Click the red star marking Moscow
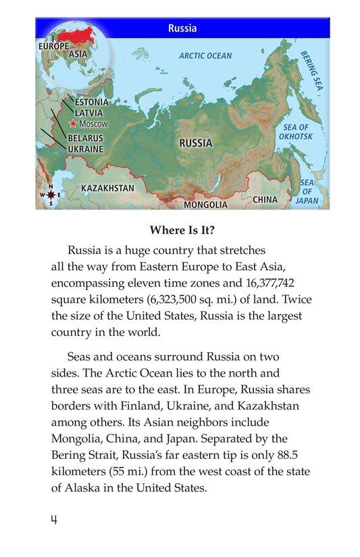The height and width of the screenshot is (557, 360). pyautogui.click(x=73, y=124)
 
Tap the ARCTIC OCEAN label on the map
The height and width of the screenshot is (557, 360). pyautogui.click(x=205, y=56)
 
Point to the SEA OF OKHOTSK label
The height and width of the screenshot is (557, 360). pyautogui.click(x=296, y=132)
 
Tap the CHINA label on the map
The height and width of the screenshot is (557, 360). pyautogui.click(x=265, y=199)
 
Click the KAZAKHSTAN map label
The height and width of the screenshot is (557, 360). pyautogui.click(x=107, y=188)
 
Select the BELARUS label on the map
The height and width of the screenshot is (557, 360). pyautogui.click(x=85, y=138)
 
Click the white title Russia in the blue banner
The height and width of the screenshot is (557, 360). pyautogui.click(x=182, y=28)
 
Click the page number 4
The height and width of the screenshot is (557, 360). pyautogui.click(x=54, y=520)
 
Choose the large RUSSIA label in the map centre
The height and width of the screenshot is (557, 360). pyautogui.click(x=195, y=143)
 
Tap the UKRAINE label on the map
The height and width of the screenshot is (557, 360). pyautogui.click(x=85, y=149)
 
